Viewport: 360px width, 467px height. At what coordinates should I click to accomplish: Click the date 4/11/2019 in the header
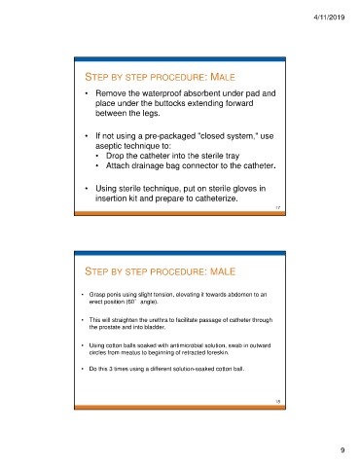coord(329,18)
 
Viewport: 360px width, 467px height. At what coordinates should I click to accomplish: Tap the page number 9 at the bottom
coord(342,449)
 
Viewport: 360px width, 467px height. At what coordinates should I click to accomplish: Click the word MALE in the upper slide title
coord(223,77)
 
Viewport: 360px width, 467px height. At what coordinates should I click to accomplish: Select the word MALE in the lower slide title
coord(223,271)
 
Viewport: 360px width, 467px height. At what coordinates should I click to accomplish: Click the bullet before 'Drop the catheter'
coord(97,156)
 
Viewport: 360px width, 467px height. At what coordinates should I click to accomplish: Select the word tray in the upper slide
coord(233,156)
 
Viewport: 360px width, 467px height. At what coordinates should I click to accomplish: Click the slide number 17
coord(278,207)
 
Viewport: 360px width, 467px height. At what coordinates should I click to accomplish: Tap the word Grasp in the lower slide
coord(96,295)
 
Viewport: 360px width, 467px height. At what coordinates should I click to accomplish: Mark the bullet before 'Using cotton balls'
coord(83,345)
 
